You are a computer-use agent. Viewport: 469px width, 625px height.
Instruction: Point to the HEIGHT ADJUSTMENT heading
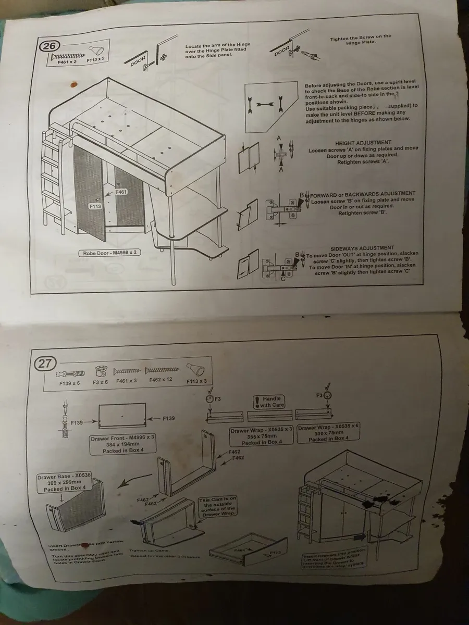click(363, 143)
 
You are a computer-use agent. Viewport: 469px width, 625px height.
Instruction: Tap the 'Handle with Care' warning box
click(269, 402)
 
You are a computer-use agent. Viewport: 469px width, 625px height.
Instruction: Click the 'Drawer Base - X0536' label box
click(64, 483)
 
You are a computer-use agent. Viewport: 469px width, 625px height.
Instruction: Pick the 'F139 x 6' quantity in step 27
click(69, 383)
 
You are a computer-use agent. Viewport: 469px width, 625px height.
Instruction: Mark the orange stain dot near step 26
click(73, 83)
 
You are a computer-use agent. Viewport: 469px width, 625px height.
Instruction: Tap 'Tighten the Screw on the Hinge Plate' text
click(360, 40)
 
